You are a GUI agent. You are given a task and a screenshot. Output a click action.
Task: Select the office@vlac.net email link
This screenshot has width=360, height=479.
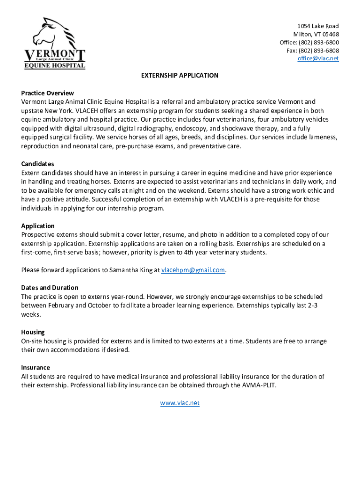coord(318,58)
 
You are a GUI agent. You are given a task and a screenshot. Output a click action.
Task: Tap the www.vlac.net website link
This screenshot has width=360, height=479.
coord(180,403)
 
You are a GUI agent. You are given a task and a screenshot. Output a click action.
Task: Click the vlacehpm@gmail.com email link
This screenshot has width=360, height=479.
coord(193,270)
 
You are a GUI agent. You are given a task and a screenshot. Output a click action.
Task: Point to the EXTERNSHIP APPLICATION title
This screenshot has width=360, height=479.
coord(180,75)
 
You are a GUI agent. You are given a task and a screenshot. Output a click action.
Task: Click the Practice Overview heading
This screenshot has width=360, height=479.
coord(47,93)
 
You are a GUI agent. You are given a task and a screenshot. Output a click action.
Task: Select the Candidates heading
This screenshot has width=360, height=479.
coord(37,164)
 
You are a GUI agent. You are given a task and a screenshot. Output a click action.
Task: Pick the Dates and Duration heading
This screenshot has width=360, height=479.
coord(50,287)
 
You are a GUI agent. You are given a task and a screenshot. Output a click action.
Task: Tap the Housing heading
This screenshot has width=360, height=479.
coord(33,332)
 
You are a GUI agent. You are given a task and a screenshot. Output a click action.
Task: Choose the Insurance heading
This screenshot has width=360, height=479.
coord(36,367)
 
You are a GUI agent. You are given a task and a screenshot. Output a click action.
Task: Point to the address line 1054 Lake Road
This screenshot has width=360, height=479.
coord(318,26)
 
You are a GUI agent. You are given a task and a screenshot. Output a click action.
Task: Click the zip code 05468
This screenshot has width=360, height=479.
coord(330,34)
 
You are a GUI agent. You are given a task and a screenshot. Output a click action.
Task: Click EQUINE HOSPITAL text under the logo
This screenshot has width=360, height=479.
coord(55,65)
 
